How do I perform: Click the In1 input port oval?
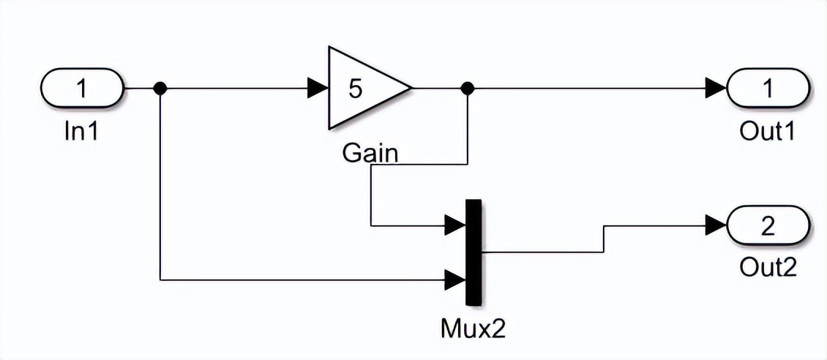[82, 89]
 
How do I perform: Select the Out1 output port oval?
[768, 89]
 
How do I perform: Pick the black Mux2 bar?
[474, 252]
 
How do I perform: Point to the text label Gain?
[370, 153]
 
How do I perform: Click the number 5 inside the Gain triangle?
[355, 89]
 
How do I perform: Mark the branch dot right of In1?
[160, 89]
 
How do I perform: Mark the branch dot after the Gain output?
[468, 89]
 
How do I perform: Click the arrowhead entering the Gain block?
[318, 89]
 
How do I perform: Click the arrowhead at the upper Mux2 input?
[455, 225]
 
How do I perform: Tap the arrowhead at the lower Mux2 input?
[455, 279]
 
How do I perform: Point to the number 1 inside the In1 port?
[82, 89]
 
